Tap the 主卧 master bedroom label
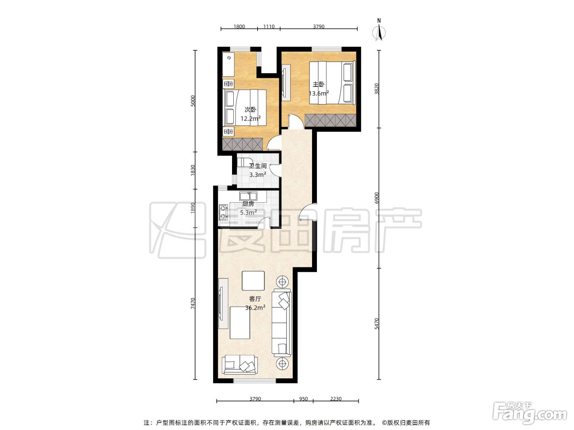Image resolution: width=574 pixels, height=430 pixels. coord(319,84)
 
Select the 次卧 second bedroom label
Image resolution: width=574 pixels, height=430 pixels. coord(250,110)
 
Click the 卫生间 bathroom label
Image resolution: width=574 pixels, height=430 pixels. coord(257,166)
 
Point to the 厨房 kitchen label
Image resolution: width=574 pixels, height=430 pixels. coord(248,204)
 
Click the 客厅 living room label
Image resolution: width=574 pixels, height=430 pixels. coord(255,299)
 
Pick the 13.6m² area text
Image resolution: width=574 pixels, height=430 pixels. coord(319,93)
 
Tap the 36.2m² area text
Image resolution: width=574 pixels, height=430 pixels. coord(255,308)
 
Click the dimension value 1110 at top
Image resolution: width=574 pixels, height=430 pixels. coord(269,26)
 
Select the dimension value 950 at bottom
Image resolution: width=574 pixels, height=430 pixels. coord(303,398)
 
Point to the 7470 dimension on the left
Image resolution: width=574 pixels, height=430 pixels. coord(193,303)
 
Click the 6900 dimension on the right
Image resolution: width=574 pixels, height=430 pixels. coord(376,198)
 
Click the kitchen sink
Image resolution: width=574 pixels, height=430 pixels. coord(248,196)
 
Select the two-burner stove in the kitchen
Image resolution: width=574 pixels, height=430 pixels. coord(223,212)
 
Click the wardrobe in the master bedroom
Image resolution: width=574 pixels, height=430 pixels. coord(330,120)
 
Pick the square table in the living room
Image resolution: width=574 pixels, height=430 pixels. coord(253,281)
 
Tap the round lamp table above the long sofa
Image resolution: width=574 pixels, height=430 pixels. coord(282,282)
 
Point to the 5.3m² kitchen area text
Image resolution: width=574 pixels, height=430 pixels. coord(248,213)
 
